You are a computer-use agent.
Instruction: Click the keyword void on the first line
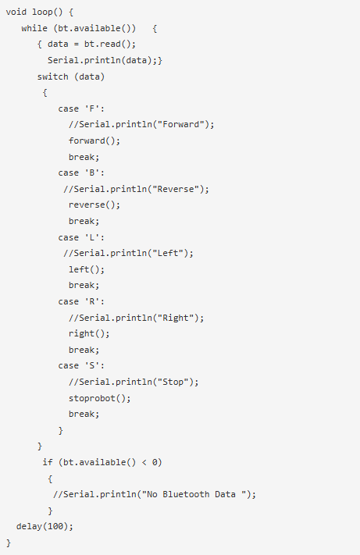[16, 12]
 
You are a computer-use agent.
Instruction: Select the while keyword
[34, 28]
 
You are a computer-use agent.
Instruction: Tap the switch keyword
[53, 76]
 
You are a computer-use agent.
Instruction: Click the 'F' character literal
[91, 109]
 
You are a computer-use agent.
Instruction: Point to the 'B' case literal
[91, 173]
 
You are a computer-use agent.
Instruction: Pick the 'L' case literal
[91, 237]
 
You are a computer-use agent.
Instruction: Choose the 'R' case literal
[91, 301]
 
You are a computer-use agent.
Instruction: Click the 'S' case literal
[91, 365]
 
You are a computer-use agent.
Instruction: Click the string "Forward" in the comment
[181, 124]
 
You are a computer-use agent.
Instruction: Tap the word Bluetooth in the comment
[186, 494]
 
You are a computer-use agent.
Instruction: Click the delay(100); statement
[45, 526]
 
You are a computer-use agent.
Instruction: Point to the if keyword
[48, 462]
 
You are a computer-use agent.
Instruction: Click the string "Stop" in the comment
[173, 382]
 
